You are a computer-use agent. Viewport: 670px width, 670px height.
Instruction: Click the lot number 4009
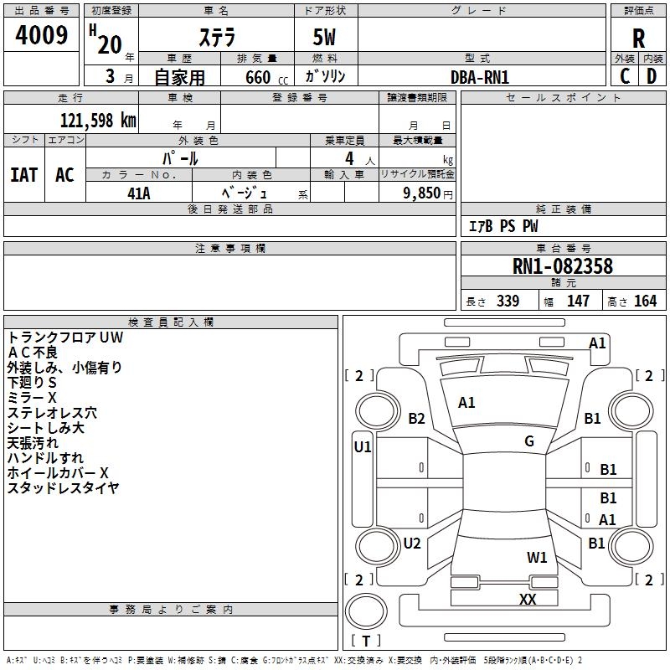point(42,35)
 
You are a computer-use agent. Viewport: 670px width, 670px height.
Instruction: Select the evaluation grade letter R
point(638,38)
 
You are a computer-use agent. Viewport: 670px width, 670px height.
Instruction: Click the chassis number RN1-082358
point(563,267)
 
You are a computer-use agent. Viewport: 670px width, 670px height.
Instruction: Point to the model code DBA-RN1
point(480,76)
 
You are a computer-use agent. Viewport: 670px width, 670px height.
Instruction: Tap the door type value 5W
point(326,39)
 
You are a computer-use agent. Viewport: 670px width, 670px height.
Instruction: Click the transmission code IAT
point(23,175)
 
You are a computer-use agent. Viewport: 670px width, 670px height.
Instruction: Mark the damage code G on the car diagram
point(529,441)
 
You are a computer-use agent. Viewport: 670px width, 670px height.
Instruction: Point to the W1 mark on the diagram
point(537,557)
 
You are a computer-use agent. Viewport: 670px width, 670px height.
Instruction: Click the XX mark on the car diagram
point(528,600)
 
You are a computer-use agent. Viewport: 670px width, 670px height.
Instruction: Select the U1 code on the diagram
point(363,447)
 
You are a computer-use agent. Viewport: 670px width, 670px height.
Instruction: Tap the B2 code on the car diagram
point(416,419)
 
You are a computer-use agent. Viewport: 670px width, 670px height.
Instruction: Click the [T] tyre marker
point(366,642)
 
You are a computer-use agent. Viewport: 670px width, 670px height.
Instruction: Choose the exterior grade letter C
point(625,76)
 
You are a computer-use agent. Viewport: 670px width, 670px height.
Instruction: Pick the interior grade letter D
point(652,76)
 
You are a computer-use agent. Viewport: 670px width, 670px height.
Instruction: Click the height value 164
point(645,301)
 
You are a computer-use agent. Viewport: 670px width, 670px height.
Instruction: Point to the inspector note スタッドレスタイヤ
point(64,488)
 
